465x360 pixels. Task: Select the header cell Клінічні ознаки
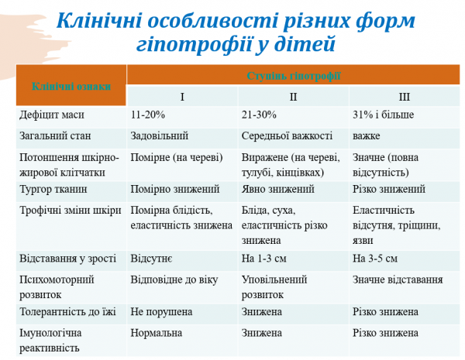coord(71,86)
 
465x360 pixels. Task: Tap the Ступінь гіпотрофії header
coord(294,75)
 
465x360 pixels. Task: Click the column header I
coord(182,96)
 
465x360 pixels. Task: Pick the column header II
coord(293,96)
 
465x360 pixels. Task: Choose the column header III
coord(405,96)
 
